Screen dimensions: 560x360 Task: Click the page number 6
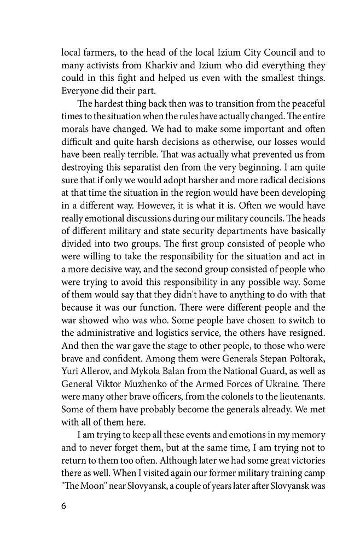(64, 506)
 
